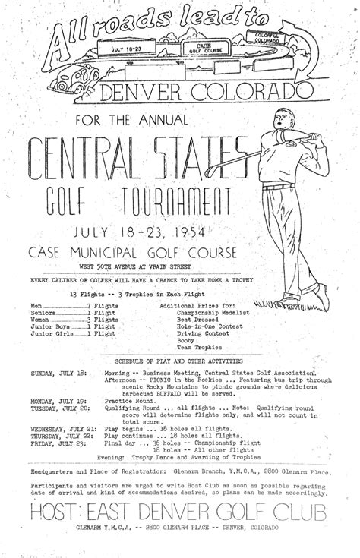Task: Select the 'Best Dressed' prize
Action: pos(197,319)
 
